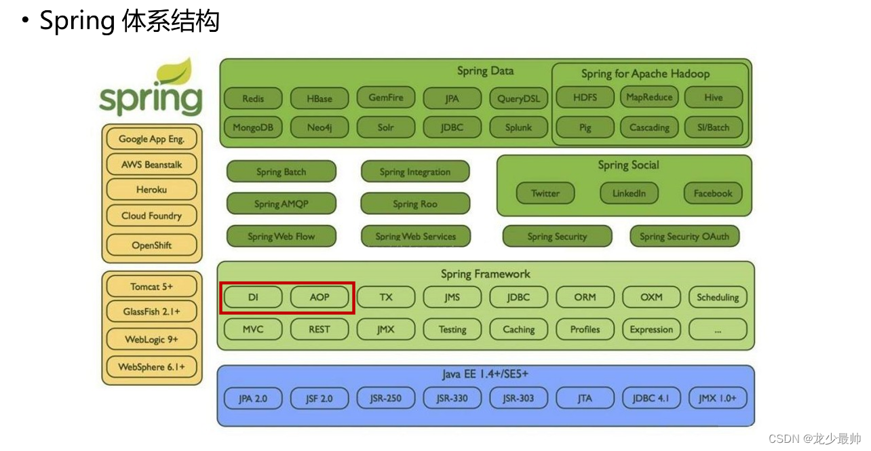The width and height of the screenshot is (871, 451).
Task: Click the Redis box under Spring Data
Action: coord(253,98)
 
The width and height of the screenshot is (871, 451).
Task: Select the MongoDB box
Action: coord(253,128)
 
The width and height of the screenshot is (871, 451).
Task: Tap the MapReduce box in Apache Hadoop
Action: coord(649,98)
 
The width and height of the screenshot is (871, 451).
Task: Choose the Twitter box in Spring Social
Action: coord(545,193)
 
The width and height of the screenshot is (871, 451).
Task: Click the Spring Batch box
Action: coord(281,172)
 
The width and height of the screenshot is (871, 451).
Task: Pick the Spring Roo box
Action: coord(415,203)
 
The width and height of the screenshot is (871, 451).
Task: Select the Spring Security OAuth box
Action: coord(684,236)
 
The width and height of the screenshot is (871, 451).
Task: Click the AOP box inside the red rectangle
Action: coord(320,297)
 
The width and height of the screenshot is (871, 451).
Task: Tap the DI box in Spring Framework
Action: coord(253,297)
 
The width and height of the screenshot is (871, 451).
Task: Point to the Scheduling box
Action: coord(718,297)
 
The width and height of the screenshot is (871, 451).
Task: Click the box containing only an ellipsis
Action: coord(718,330)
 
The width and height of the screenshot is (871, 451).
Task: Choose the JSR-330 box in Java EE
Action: coord(452,398)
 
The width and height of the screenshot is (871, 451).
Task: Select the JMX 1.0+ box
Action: coord(718,398)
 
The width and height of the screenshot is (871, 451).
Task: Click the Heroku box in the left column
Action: coord(151,190)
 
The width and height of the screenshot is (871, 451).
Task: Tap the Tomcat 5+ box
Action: coord(151,286)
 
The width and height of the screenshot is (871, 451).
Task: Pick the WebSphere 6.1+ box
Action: coord(151,367)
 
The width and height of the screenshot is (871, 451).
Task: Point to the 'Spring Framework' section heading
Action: coord(485,274)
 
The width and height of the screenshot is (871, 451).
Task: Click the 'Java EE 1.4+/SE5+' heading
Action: coord(485,374)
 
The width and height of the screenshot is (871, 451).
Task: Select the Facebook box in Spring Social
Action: coord(713,193)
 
